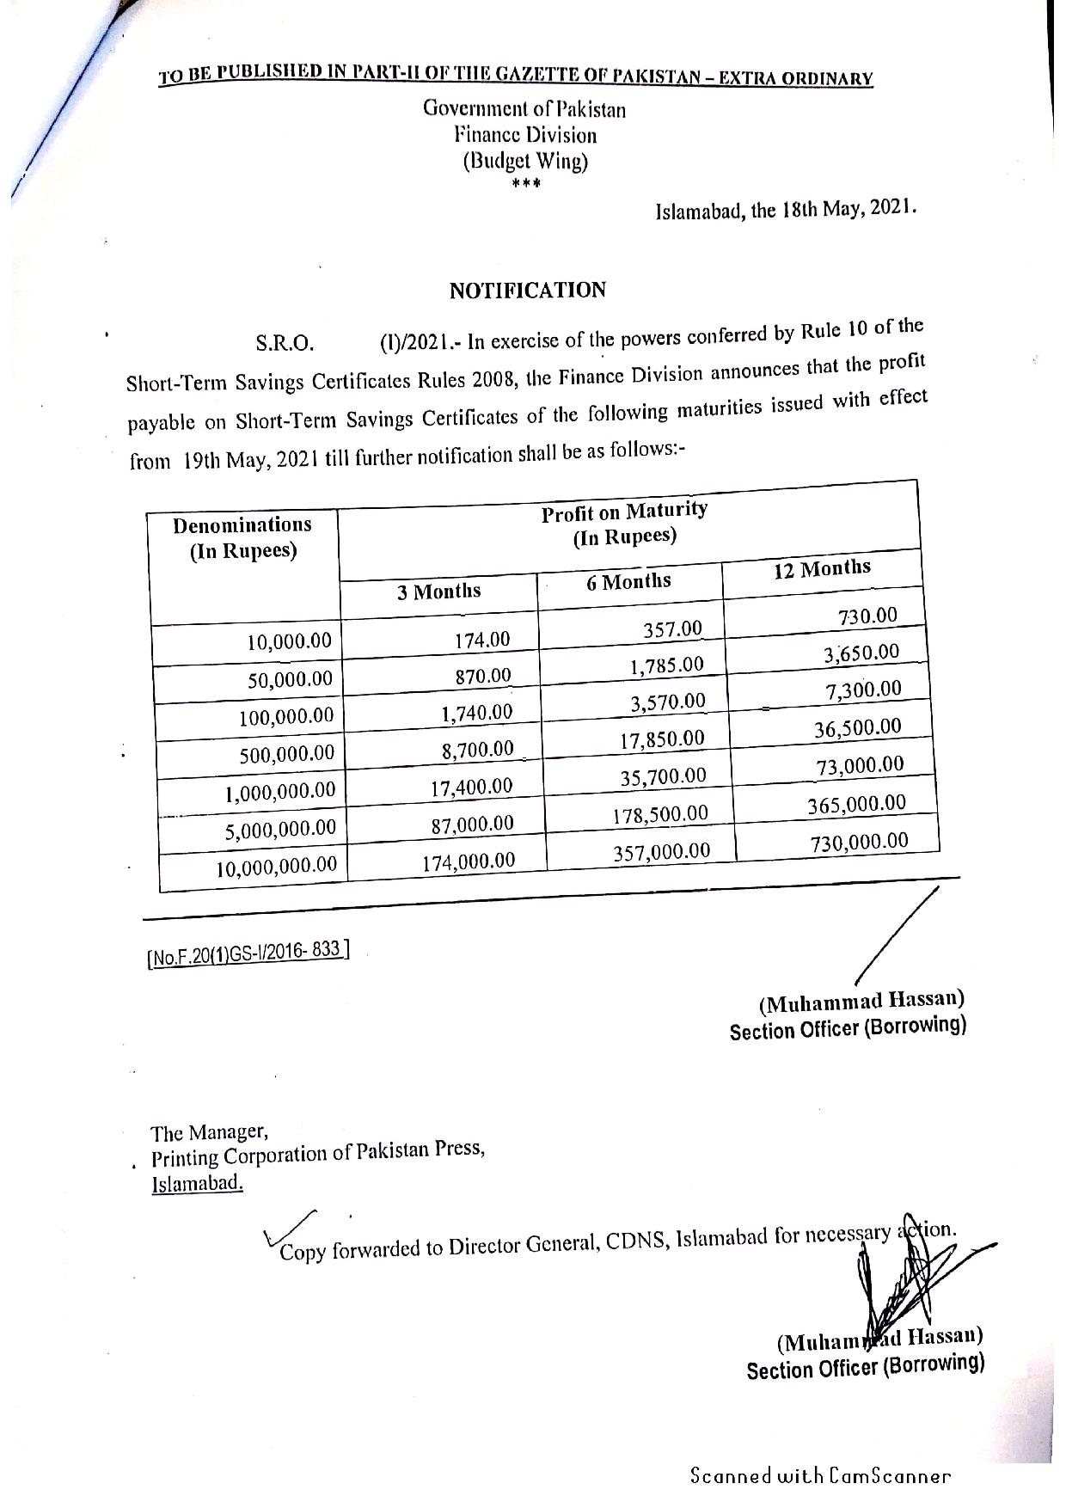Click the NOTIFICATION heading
click(x=527, y=291)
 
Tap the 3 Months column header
click(x=438, y=592)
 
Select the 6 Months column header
click(x=628, y=582)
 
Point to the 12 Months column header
click(x=821, y=568)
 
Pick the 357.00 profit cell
click(x=672, y=629)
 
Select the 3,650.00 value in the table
click(x=861, y=653)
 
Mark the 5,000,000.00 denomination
click(x=280, y=829)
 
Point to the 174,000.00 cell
click(x=469, y=861)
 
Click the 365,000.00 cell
click(x=856, y=805)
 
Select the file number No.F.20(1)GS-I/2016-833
click(x=248, y=954)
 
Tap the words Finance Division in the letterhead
click(x=525, y=135)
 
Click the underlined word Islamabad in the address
click(x=197, y=1184)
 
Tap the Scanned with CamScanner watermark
click(x=820, y=1476)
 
